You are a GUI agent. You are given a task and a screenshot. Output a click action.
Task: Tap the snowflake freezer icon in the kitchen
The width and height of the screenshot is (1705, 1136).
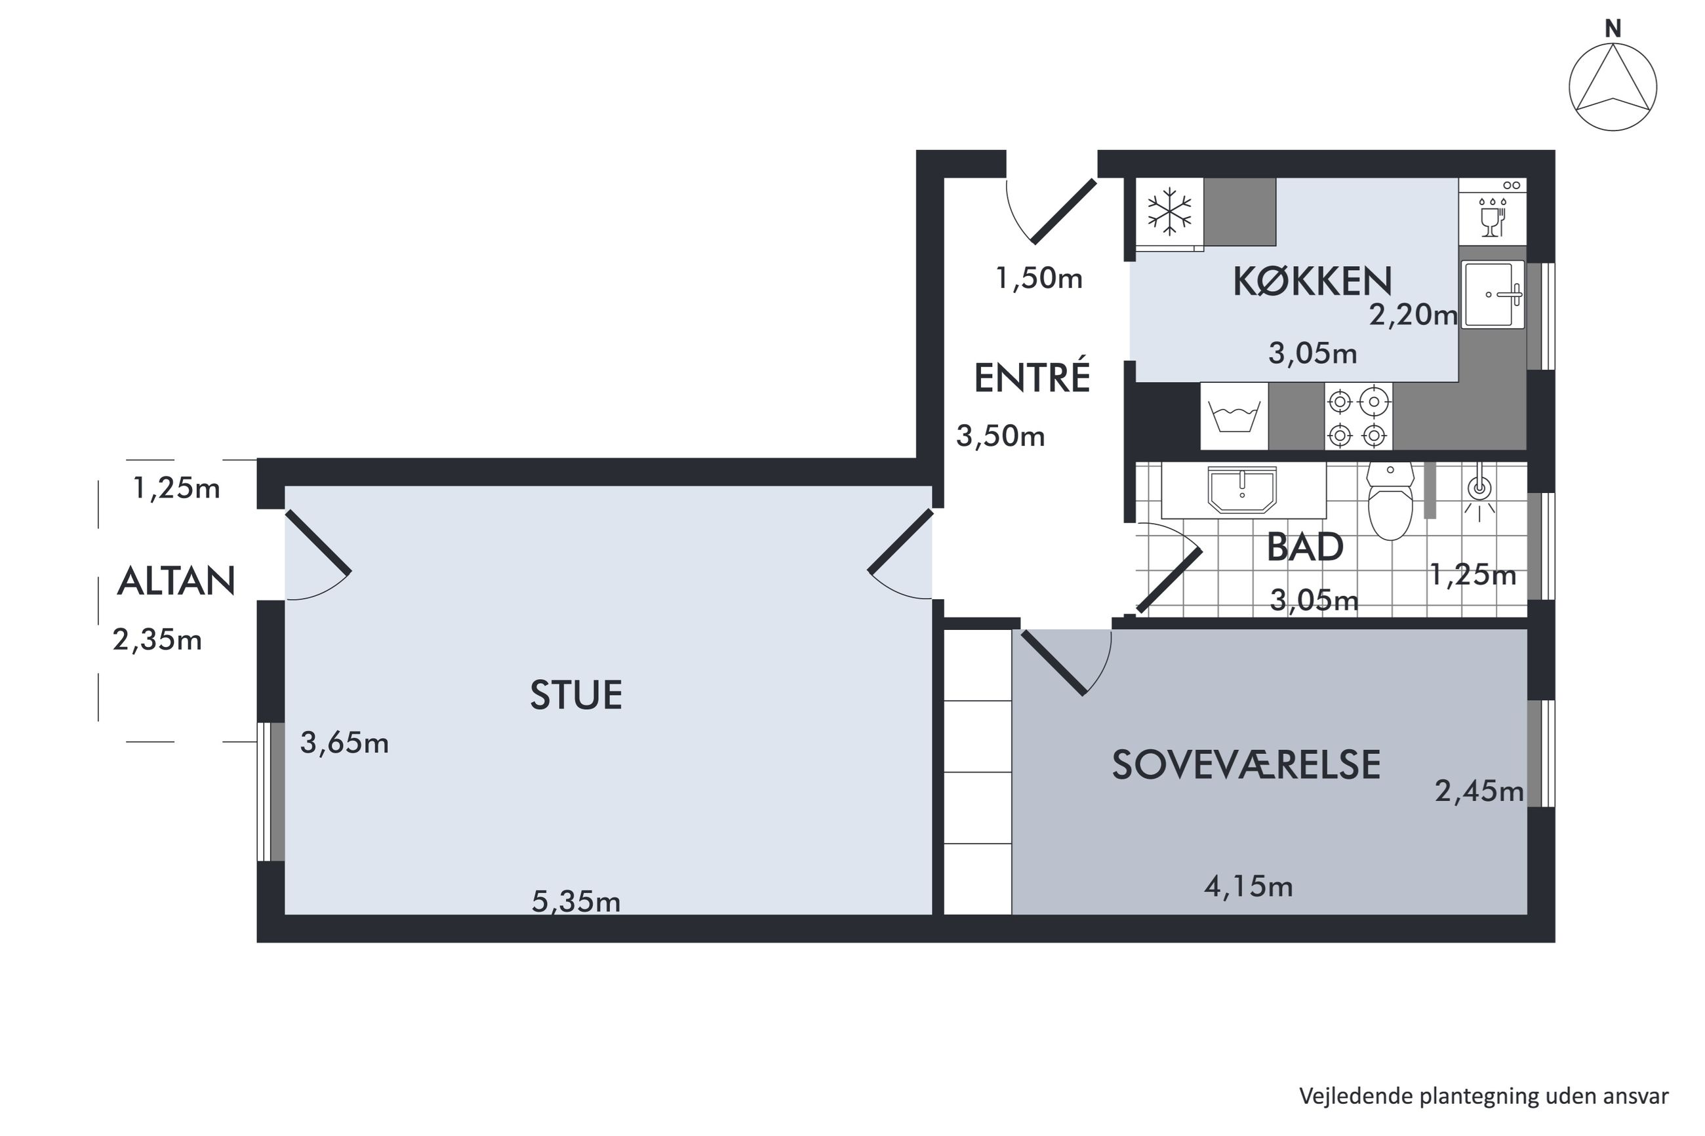(x=1169, y=212)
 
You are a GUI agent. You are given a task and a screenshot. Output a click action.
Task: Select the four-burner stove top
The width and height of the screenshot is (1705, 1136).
(x=1357, y=418)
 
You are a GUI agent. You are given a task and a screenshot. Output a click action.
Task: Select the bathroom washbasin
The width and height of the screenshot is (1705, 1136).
(x=1242, y=490)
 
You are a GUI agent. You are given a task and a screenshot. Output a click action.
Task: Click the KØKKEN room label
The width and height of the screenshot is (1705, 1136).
(x=1312, y=282)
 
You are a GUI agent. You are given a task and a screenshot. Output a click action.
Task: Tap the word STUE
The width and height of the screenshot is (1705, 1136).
(x=576, y=695)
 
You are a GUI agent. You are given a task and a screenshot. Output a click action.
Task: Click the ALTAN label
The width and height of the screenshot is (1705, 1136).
(x=176, y=581)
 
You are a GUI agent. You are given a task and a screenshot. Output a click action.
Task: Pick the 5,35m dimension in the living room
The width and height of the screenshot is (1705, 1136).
(x=576, y=902)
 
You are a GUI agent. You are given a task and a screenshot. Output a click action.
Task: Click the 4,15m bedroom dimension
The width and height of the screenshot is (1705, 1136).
(x=1249, y=887)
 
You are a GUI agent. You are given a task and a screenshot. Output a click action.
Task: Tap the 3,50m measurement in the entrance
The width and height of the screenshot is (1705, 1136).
(x=1001, y=436)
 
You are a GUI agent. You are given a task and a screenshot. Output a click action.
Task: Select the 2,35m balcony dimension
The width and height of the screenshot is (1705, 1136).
(x=157, y=640)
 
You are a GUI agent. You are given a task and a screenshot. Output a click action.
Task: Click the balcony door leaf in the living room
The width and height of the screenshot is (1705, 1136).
(x=318, y=542)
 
